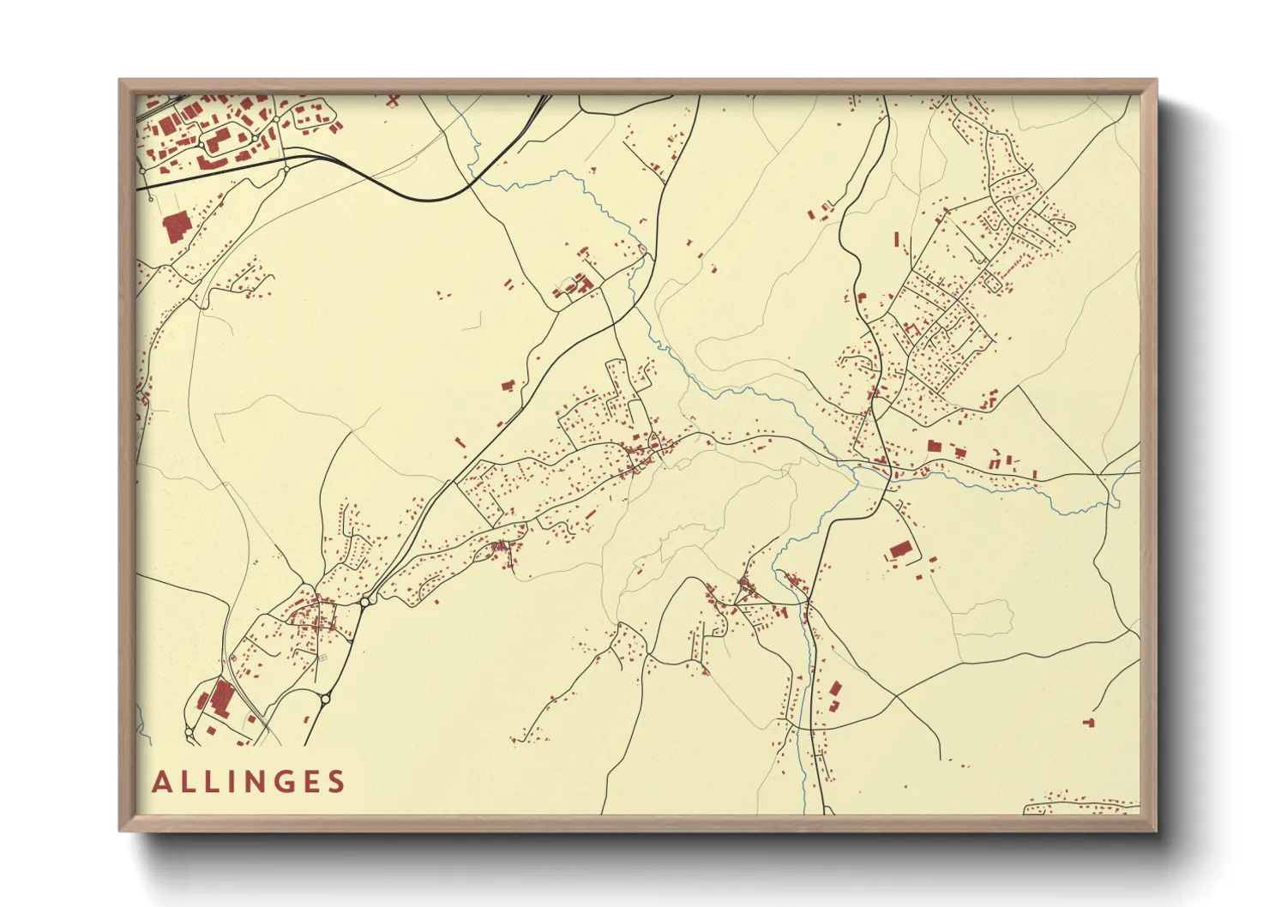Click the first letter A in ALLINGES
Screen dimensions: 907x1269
click(x=161, y=782)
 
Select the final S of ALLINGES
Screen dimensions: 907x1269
click(x=336, y=782)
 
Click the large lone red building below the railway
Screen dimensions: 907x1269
click(x=177, y=228)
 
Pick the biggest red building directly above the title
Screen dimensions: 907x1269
click(x=222, y=699)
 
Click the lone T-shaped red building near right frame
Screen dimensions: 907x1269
click(x=1089, y=723)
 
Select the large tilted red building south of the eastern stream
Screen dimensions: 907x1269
click(x=899, y=550)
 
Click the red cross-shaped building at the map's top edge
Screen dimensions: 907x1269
click(x=393, y=100)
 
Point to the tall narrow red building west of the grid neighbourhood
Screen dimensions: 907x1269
click(x=897, y=239)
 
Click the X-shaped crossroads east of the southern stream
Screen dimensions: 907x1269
click(x=895, y=697)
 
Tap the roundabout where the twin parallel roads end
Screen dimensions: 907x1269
click(x=364, y=603)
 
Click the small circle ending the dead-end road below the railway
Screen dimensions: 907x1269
click(x=151, y=198)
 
